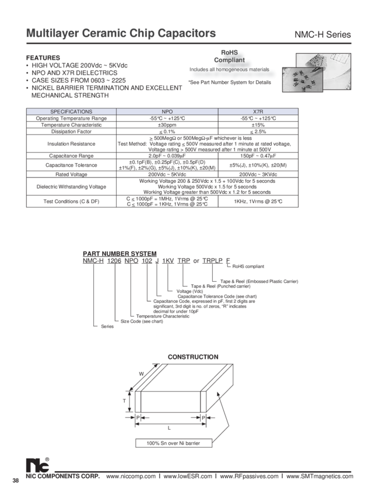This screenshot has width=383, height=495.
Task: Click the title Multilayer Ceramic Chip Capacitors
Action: [121, 34]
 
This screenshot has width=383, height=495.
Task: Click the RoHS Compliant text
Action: [233, 56]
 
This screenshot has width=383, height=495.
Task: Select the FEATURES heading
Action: [43, 58]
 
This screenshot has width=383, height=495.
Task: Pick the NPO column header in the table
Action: [167, 111]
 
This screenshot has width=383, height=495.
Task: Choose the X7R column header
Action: [274, 111]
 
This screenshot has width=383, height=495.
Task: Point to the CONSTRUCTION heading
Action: [193, 356]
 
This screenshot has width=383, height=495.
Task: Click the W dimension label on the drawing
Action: [142, 373]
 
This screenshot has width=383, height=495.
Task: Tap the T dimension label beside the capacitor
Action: [126, 400]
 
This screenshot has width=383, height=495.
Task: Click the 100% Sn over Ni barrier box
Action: [169, 443]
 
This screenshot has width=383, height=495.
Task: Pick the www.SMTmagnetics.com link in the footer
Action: [320, 476]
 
